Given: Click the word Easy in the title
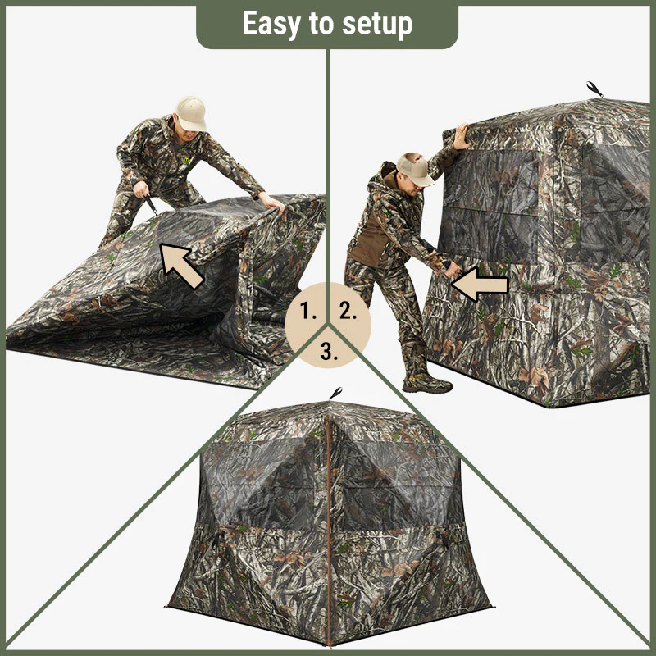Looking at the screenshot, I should (x=270, y=25).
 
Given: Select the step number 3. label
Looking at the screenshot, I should (x=329, y=352).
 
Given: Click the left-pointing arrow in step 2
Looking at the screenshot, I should (x=481, y=285).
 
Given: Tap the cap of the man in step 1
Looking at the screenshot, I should (x=191, y=112).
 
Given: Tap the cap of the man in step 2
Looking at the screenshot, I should (x=415, y=168).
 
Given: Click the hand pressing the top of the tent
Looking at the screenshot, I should (x=462, y=137).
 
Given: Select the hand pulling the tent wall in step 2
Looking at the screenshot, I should (x=451, y=269).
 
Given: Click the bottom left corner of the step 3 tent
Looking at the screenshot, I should (x=169, y=607).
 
